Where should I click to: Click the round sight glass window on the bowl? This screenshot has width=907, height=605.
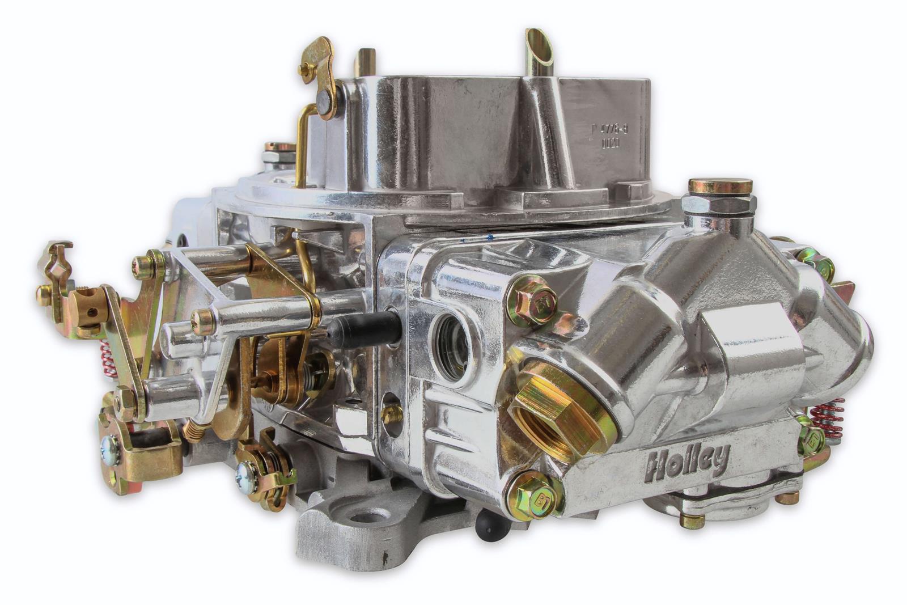point(451,346)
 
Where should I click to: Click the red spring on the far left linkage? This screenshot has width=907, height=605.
point(108,357)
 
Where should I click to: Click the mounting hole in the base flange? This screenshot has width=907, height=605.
point(363,515)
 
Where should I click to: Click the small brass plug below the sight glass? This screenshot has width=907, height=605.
point(391,414)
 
